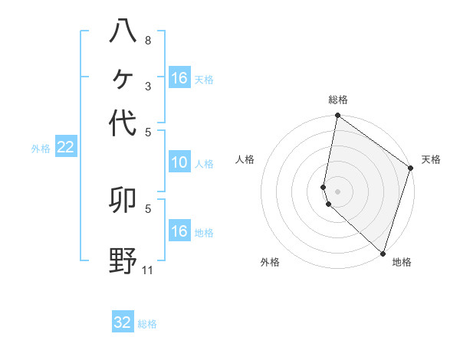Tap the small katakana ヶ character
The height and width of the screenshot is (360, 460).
123,77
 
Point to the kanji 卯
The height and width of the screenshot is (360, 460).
123,201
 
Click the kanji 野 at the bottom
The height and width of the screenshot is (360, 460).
123,261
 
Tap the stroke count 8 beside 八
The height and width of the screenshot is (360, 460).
148,40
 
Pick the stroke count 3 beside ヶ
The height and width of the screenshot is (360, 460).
148,86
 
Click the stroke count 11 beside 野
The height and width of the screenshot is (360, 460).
148,270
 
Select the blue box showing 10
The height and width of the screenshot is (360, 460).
179,162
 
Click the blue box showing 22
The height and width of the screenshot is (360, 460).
65,148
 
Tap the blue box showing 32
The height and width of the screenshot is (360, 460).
123,322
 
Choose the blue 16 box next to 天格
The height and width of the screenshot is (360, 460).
179,78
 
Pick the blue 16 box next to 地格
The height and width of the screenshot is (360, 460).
179,232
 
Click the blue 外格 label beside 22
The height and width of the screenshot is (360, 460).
40,149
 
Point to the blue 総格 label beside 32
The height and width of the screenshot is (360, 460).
147,323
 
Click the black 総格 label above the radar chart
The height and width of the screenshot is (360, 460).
337,100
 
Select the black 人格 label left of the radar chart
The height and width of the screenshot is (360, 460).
245,159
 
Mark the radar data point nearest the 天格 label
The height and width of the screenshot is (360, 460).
410,169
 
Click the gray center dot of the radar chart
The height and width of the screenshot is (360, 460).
337,191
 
